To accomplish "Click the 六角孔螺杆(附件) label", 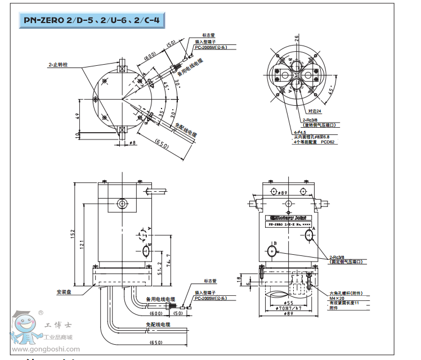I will tap(346, 292).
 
